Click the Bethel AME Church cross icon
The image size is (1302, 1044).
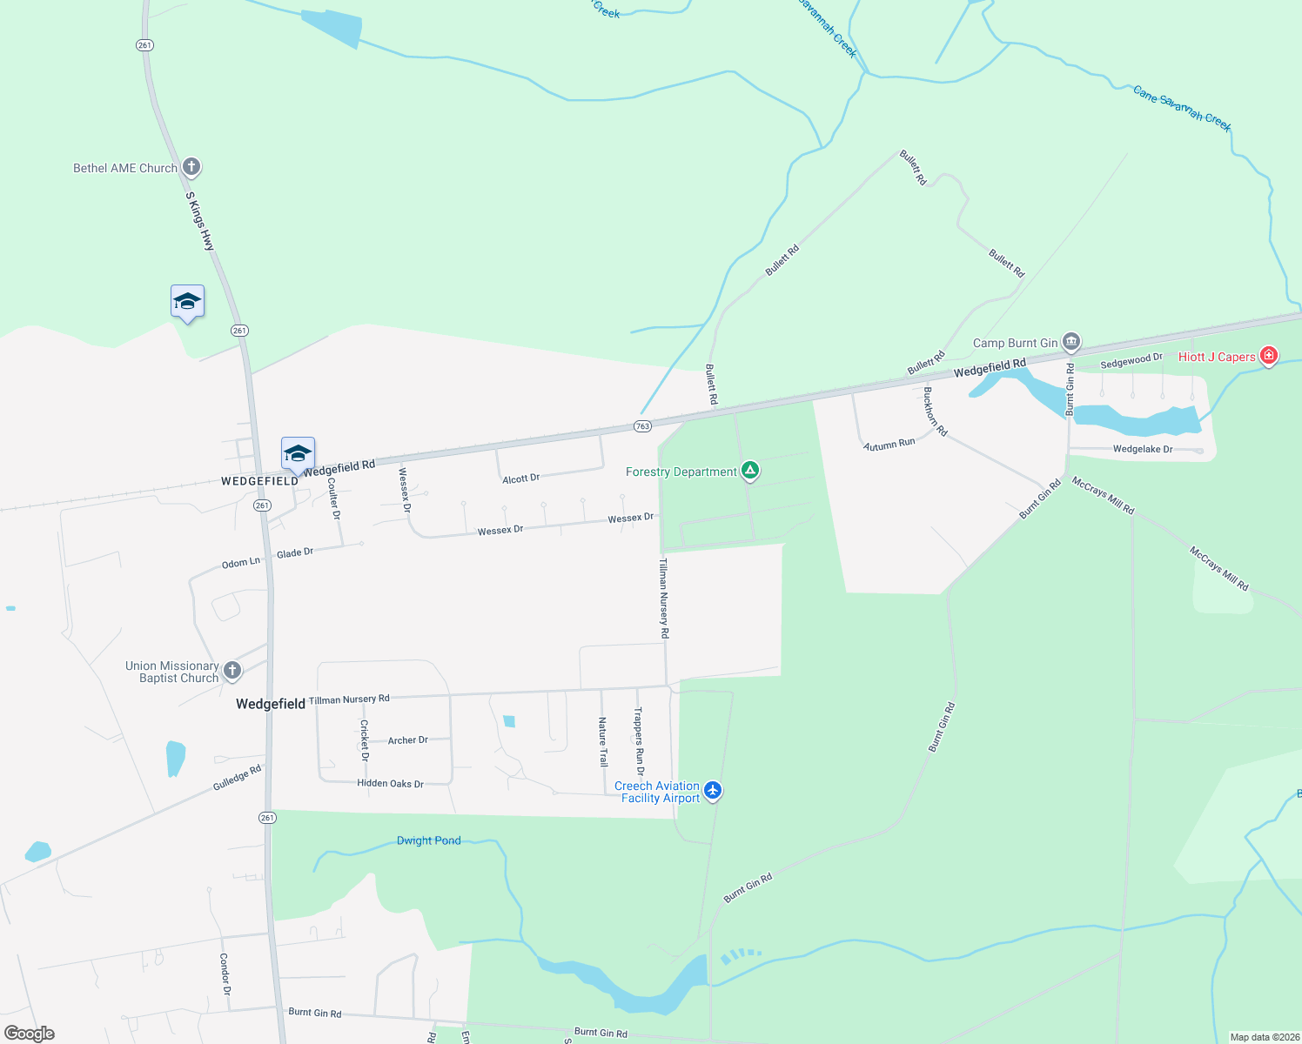tap(191, 166)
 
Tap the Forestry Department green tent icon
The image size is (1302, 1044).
tap(750, 471)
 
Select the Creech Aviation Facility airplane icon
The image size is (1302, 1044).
tap(713, 790)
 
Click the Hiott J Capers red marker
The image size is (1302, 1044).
tap(1269, 355)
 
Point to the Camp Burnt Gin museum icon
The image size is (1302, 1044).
tap(1071, 341)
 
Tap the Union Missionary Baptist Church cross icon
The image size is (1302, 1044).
tap(232, 670)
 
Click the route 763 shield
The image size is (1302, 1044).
tap(642, 426)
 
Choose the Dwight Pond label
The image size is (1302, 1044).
tap(428, 840)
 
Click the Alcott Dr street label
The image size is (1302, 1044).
tap(520, 478)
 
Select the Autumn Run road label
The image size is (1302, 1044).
tap(889, 444)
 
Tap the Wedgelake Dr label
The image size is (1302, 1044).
tap(1142, 449)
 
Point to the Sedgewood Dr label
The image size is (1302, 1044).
tap(1131, 360)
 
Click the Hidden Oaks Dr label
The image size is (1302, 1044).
tap(390, 783)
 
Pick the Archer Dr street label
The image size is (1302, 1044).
tap(407, 740)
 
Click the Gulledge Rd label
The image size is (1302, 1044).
tap(237, 778)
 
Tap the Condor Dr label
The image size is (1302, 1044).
tap(225, 974)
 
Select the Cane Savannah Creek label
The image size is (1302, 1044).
tap(1182, 108)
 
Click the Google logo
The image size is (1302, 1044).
tap(30, 1033)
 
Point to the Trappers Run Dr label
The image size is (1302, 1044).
tap(639, 740)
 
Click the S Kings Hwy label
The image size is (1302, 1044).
tap(199, 221)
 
